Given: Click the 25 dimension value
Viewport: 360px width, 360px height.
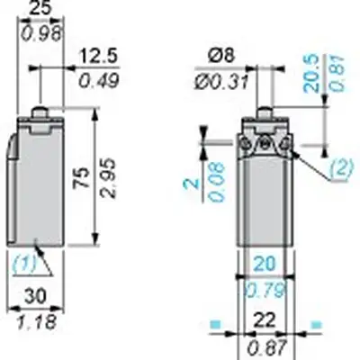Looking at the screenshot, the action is [40, 8].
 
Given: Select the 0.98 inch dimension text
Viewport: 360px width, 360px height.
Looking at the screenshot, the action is [41, 33].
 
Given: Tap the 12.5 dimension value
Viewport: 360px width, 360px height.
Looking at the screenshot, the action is [99, 57].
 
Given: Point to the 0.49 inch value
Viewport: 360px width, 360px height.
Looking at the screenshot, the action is [99, 80].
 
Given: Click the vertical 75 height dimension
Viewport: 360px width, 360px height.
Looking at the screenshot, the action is [82, 177].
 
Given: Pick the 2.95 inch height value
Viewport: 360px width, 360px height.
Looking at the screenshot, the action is [108, 177].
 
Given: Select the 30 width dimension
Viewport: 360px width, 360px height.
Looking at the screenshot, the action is [35, 295].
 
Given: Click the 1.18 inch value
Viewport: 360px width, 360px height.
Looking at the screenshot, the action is [37, 321].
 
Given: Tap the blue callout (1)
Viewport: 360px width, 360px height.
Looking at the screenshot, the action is [24, 263].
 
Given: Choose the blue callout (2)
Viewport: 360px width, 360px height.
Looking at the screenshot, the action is [341, 168].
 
